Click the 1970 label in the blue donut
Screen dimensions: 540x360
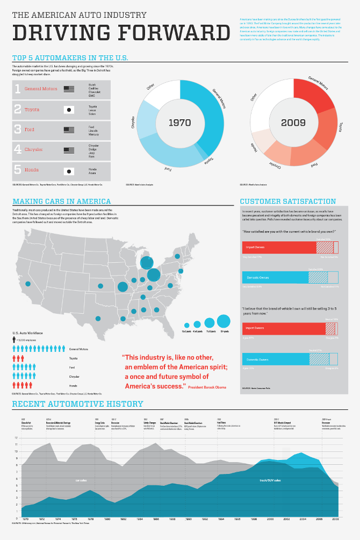click(x=179, y=123)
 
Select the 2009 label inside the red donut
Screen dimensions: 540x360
click(x=293, y=123)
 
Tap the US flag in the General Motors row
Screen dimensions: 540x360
click(x=69, y=89)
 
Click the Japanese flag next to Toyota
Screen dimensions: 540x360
click(x=69, y=110)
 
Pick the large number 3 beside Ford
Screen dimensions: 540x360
click(x=17, y=129)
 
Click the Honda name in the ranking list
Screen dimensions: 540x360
click(x=32, y=170)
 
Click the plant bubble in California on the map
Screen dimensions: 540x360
click(x=28, y=284)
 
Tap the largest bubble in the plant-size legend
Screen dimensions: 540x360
click(x=224, y=322)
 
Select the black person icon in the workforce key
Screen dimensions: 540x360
click(x=15, y=340)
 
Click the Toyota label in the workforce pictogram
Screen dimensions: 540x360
click(x=73, y=358)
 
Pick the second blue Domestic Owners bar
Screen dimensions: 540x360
click(x=275, y=359)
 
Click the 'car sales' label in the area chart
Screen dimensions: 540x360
click(x=81, y=480)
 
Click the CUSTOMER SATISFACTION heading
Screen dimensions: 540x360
click(x=287, y=201)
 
